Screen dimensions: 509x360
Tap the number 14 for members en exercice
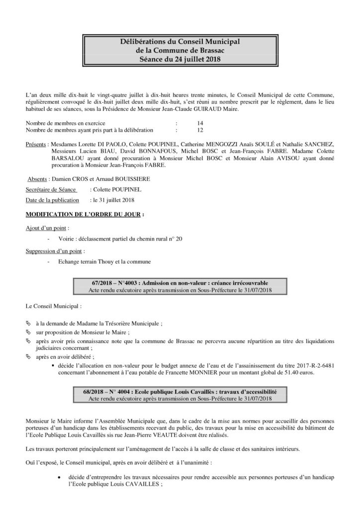point(200,123)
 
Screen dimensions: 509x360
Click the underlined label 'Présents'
point(37,144)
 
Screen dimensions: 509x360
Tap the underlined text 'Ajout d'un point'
point(44,228)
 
